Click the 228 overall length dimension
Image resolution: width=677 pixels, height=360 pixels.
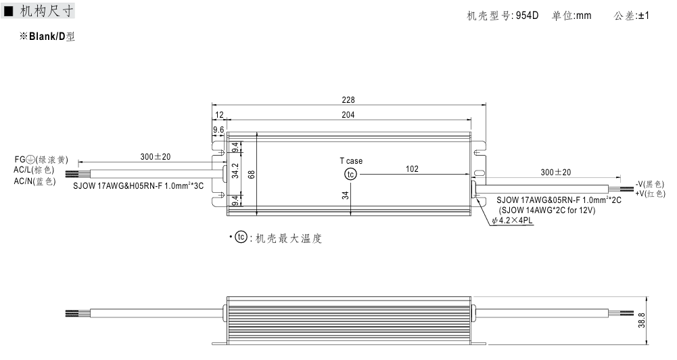pos(349,99)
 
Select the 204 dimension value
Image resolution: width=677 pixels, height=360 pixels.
pos(348,116)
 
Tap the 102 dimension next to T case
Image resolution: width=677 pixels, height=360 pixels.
pos(412,169)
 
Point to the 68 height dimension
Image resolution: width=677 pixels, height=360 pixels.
pos(252,174)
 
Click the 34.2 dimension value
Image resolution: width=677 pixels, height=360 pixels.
pos(235,172)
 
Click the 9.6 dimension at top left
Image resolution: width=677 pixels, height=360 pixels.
pos(218,129)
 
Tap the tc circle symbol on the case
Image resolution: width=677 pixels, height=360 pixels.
pos(350,175)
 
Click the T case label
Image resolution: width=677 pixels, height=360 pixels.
pos(351,161)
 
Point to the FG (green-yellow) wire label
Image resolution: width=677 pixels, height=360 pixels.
pos(41,160)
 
